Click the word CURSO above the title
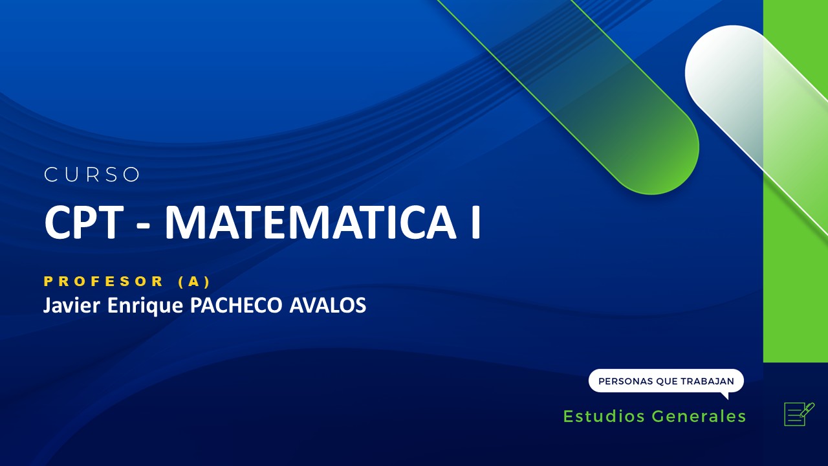click(93, 175)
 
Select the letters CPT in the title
click(83, 222)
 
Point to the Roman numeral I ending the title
click(475, 222)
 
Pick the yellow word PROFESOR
click(104, 282)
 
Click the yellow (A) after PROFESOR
click(194, 282)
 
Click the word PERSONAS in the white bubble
click(625, 381)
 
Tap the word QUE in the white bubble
click(666, 381)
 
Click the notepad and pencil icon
click(798, 414)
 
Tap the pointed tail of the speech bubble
click(724, 395)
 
